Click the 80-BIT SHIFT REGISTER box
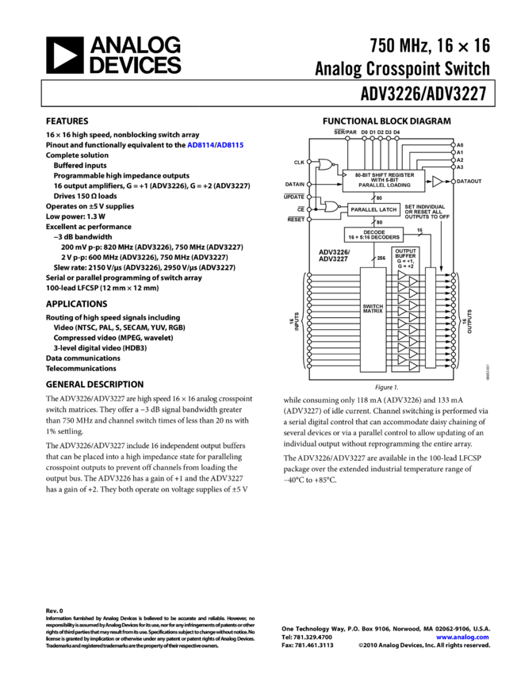[384, 180]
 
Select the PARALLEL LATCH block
[374, 210]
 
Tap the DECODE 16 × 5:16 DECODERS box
[374, 235]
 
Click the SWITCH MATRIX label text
[373, 308]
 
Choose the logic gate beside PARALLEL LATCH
[331, 207]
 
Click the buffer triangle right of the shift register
[437, 182]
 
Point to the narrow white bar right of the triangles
[431, 317]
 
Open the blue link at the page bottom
[462, 638]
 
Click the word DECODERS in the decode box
[384, 237]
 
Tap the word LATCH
[386, 210]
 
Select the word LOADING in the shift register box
[396, 186]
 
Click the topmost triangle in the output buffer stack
[402, 276]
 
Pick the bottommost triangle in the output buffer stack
[413, 366]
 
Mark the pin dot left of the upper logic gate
[309, 162]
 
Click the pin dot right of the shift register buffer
[454, 182]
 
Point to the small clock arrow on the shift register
[346, 174]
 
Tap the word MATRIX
[373, 312]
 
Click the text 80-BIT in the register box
[363, 174]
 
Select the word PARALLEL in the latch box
[363, 210]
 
